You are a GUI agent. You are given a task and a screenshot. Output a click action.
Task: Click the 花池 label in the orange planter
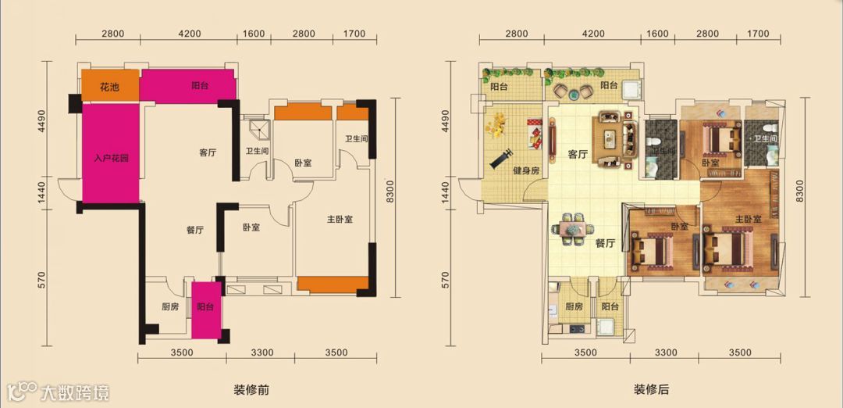pos(110,88)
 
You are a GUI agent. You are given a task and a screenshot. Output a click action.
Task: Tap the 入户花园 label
pos(112,158)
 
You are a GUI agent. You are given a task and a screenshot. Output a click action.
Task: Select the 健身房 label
pos(526,170)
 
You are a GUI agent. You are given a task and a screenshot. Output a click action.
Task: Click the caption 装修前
pos(251,390)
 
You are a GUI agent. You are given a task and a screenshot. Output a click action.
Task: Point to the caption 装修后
pos(651,390)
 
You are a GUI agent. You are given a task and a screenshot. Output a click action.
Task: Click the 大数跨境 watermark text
pos(75,392)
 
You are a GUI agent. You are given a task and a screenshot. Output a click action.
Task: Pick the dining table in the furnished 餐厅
pos(573,230)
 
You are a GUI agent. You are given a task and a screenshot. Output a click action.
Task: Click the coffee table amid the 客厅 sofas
pos(610,138)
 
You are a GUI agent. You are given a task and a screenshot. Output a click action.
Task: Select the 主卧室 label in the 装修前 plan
pos(340,220)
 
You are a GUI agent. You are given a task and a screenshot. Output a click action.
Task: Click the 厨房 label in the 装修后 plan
pos(574,307)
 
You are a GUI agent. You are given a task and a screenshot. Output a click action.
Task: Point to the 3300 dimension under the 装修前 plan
pos(262,353)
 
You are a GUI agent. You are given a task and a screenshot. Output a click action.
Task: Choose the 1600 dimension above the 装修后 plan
pos(657,34)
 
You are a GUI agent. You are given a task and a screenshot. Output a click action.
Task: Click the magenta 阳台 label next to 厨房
pos(205,307)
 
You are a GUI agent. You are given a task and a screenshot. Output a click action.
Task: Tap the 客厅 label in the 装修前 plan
pos(208,152)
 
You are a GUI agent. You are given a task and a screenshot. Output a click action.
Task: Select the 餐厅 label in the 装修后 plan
pos(605,243)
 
